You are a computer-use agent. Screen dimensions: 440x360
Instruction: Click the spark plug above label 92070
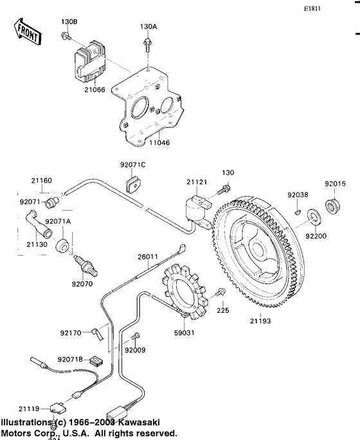pyautogui.click(x=81, y=264)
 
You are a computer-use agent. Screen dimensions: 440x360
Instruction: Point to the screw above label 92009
pyautogui.click(x=136, y=337)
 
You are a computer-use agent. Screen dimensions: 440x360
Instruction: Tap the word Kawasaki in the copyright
pyautogui.click(x=154, y=423)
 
